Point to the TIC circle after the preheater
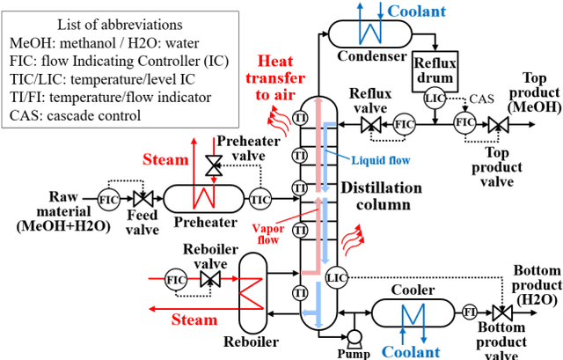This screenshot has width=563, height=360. click(260, 199)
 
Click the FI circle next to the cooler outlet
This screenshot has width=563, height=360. click(471, 312)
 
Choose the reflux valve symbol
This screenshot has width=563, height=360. click(369, 124)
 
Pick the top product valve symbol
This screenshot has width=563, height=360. click(499, 124)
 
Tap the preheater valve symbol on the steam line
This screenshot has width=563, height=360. click(212, 164)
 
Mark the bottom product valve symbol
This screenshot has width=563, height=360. click(502, 312)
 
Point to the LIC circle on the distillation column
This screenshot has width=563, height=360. click(336, 278)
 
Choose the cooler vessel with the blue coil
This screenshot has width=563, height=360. click(410, 312)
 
